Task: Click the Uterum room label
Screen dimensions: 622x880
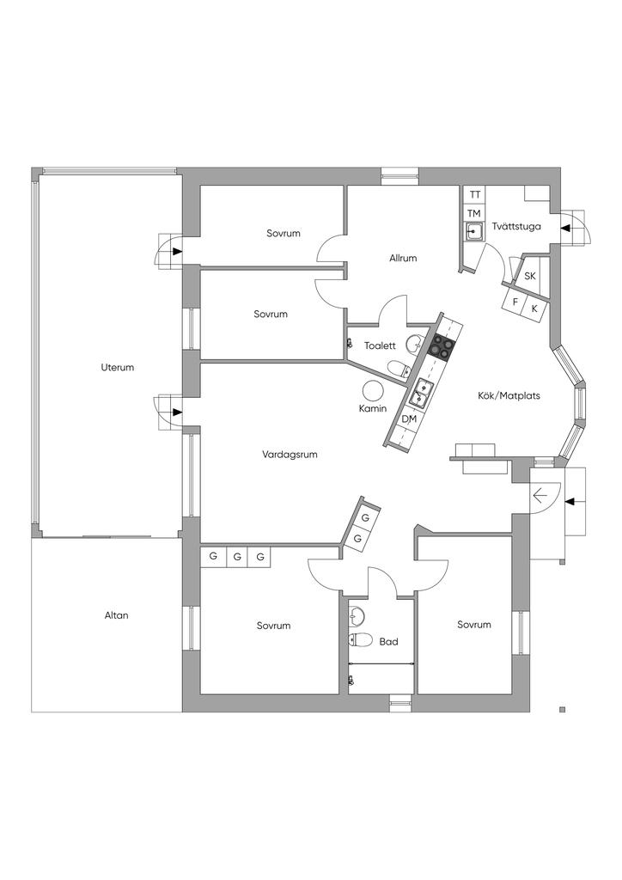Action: (x=118, y=368)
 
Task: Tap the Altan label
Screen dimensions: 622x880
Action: (x=117, y=615)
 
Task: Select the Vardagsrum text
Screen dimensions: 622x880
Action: (x=290, y=455)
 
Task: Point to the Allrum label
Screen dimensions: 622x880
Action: (x=403, y=258)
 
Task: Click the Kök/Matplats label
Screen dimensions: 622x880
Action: (x=509, y=395)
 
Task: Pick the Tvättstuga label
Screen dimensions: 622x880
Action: (x=516, y=227)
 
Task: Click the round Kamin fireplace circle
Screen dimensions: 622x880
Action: (x=373, y=389)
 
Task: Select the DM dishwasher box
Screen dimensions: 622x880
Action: (x=409, y=419)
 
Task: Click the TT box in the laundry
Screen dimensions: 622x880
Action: (x=475, y=195)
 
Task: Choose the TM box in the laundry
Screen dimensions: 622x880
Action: (x=474, y=213)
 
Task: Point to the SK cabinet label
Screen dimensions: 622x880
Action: (x=530, y=276)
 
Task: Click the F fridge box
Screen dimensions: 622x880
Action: (x=515, y=302)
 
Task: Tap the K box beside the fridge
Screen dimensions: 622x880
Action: (x=534, y=309)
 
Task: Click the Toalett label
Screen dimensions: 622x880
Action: (x=381, y=345)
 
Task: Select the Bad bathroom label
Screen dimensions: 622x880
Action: (x=388, y=641)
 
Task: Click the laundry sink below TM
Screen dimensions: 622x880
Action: (x=474, y=230)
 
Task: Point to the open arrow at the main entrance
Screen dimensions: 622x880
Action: (x=540, y=496)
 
